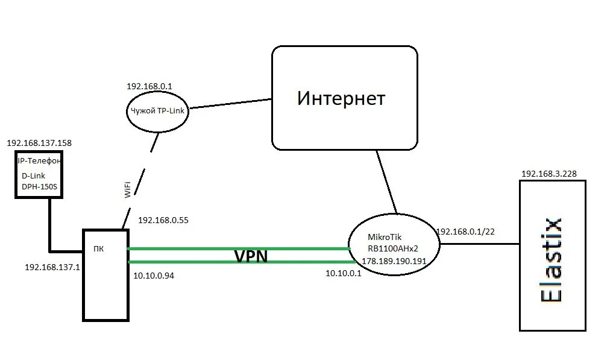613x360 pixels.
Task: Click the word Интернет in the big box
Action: tap(341, 98)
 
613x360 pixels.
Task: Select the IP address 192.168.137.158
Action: tap(39, 144)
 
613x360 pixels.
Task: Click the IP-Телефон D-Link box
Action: tap(40, 175)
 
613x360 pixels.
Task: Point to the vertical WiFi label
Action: tap(128, 189)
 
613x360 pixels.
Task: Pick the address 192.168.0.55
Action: tap(163, 220)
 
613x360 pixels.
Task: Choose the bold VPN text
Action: tap(251, 256)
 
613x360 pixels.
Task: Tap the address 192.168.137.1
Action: tap(52, 266)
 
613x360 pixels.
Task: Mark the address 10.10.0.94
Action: tap(156, 276)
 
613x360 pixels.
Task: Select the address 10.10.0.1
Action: tap(343, 273)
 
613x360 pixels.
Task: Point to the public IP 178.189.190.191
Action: tap(394, 261)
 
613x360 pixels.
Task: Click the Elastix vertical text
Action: tap(552, 259)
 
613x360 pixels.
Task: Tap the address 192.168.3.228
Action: tap(549, 174)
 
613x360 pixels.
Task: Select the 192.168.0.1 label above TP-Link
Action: tap(149, 86)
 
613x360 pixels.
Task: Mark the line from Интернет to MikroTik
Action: tap(387, 181)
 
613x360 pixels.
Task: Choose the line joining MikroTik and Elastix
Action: tap(480, 244)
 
